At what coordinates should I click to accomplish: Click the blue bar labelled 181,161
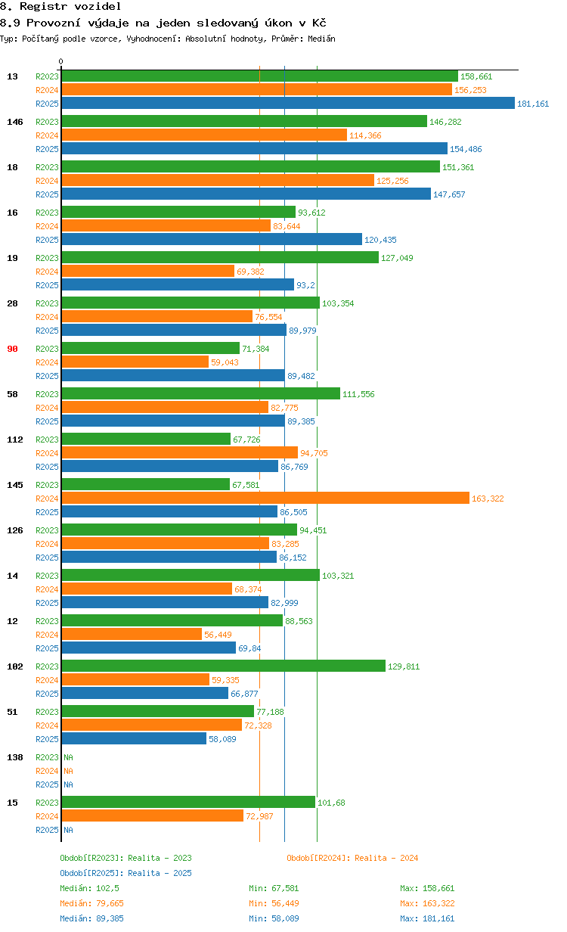coord(287,104)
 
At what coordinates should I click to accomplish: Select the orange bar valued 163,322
coord(265,499)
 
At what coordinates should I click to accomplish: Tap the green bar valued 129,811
coord(223,666)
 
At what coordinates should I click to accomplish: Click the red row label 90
coord(12,349)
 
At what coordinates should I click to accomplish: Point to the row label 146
coord(14,122)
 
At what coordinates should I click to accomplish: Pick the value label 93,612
coord(311,213)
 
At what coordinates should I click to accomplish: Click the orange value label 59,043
coord(225,362)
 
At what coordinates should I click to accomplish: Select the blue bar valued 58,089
coord(134,739)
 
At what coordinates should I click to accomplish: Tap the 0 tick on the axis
coord(61,61)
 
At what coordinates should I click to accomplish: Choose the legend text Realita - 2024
coord(386,858)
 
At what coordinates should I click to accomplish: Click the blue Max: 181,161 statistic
coord(427,918)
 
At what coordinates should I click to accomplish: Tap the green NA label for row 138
coord(68,757)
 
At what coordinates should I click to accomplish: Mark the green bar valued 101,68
coord(188,803)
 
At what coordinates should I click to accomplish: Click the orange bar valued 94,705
coord(179,453)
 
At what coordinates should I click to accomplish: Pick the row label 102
coord(14,666)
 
